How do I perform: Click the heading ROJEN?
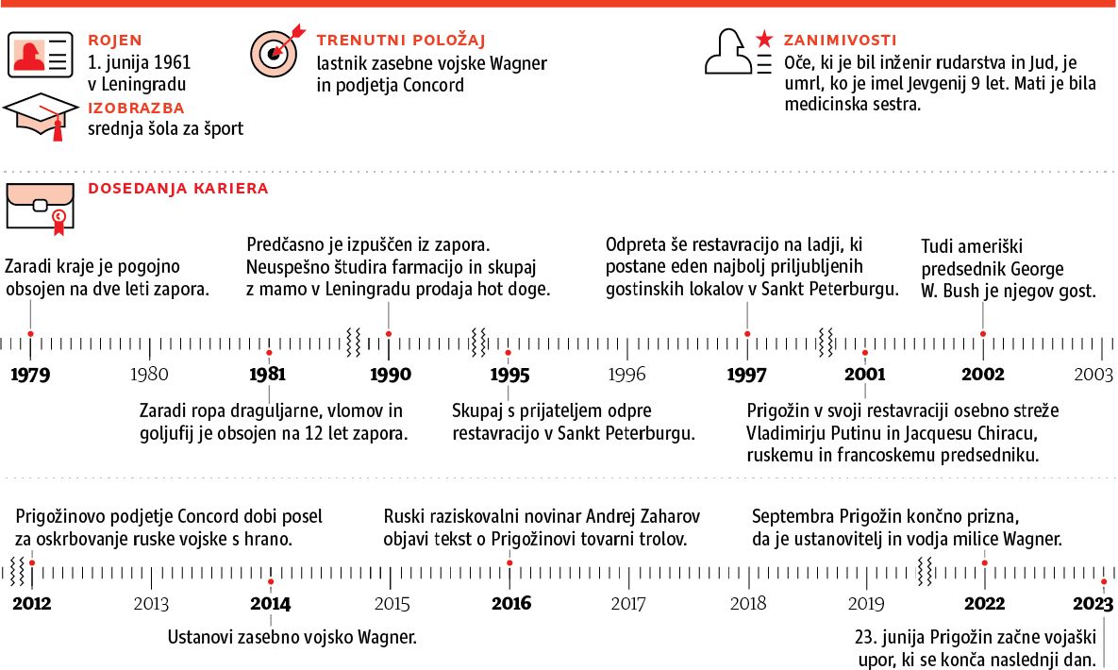115,41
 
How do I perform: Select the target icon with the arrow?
276,52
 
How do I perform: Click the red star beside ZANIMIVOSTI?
764,41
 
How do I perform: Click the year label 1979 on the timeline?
31,375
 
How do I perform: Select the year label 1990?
389,375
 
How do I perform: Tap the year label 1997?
746,375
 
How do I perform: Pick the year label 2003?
1094,375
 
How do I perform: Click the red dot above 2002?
983,333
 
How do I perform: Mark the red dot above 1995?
508,352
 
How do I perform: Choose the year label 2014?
271,604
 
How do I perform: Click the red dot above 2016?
510,562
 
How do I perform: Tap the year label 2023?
1093,604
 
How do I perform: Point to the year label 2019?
866,604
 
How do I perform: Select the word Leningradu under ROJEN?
145,84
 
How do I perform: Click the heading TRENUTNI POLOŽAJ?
401,41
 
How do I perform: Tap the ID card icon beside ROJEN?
41,55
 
